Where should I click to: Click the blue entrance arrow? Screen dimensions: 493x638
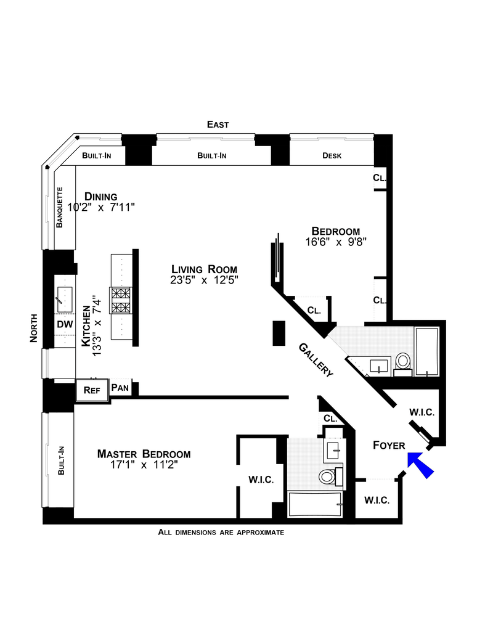(421, 463)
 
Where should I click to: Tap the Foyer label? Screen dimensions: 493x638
(389, 445)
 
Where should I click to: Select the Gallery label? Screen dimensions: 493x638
(316, 359)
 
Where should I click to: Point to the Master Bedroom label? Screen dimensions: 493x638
(144, 454)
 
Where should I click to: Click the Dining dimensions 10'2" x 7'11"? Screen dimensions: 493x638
(100, 208)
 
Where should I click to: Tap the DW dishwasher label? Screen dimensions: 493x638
(64, 324)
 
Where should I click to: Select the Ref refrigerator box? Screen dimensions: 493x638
(91, 390)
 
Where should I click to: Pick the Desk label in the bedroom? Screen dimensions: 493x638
(332, 156)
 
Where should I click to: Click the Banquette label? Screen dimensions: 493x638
(60, 207)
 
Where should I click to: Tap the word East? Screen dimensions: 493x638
(218, 125)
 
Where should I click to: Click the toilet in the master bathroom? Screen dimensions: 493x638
(328, 475)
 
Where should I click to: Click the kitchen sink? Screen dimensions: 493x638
(64, 297)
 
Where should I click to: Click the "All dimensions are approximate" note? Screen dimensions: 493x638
(221, 532)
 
